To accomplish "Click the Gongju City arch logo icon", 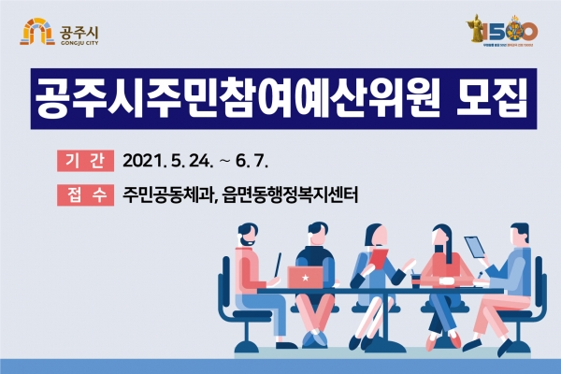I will (34, 34).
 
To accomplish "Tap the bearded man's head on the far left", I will (245, 235).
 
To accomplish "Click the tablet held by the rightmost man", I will (477, 246).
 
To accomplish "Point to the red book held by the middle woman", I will (378, 257).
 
